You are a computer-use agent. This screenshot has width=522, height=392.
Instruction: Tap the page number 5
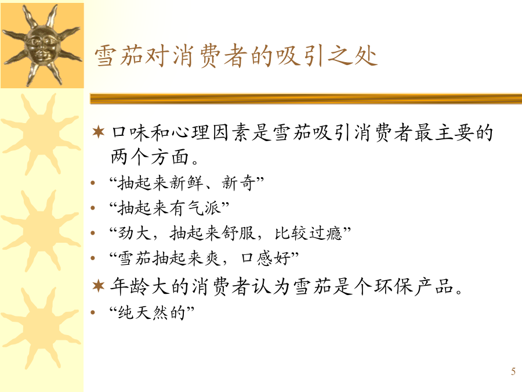513,371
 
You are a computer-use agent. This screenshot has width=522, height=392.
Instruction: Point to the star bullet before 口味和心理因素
99,132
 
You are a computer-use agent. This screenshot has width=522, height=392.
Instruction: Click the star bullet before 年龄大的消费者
99,286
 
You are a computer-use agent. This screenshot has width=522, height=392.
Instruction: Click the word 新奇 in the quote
238,183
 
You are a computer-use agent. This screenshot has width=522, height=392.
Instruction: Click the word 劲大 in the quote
135,233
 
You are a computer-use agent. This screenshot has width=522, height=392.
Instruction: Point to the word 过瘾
325,233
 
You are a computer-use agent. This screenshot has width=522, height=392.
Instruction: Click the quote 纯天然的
151,312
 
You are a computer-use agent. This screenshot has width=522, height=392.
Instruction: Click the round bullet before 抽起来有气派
93,208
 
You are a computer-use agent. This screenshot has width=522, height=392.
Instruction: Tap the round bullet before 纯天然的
93,312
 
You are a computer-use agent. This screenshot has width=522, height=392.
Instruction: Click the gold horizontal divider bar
306,99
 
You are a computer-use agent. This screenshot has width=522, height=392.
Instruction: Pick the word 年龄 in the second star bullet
130,286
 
